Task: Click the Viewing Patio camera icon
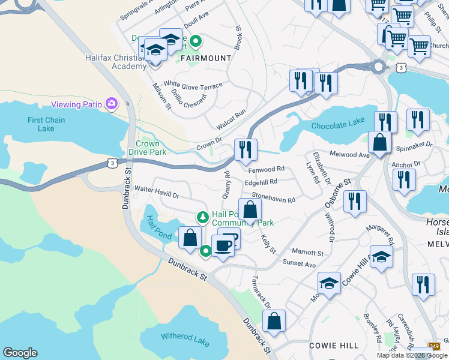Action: coord(111,104)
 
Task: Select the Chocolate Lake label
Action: coord(338,124)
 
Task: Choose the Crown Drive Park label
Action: coord(148,148)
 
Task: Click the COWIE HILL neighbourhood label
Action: coord(334,346)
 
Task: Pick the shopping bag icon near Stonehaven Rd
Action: coord(251,209)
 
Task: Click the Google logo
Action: coord(20,353)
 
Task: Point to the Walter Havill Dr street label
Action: coord(157,192)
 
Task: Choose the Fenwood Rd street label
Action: coord(265,170)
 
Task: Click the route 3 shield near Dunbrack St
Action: coord(112,162)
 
